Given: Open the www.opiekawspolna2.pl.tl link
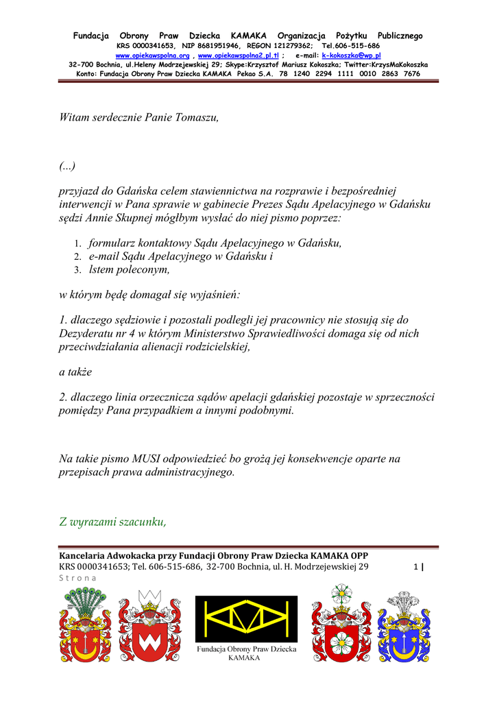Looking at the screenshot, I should pos(238,55).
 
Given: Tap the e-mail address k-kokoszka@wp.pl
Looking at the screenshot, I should pos(351,55).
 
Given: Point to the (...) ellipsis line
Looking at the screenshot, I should pos(67,166).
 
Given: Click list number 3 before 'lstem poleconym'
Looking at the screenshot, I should pos(78,270).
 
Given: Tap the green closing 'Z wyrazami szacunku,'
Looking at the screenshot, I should pos(113,522).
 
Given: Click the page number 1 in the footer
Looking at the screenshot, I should pos(415,567).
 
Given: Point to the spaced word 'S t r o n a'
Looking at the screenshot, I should pos(78,578).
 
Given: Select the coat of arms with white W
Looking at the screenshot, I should pos(150,625).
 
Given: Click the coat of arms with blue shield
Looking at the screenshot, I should pos(404,625).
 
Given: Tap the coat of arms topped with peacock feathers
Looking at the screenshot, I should pos(86,625).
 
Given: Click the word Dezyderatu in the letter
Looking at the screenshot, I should pos(89,333).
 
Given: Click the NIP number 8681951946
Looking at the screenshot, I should pos(209,45).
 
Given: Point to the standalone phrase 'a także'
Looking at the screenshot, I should pos(75,372).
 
